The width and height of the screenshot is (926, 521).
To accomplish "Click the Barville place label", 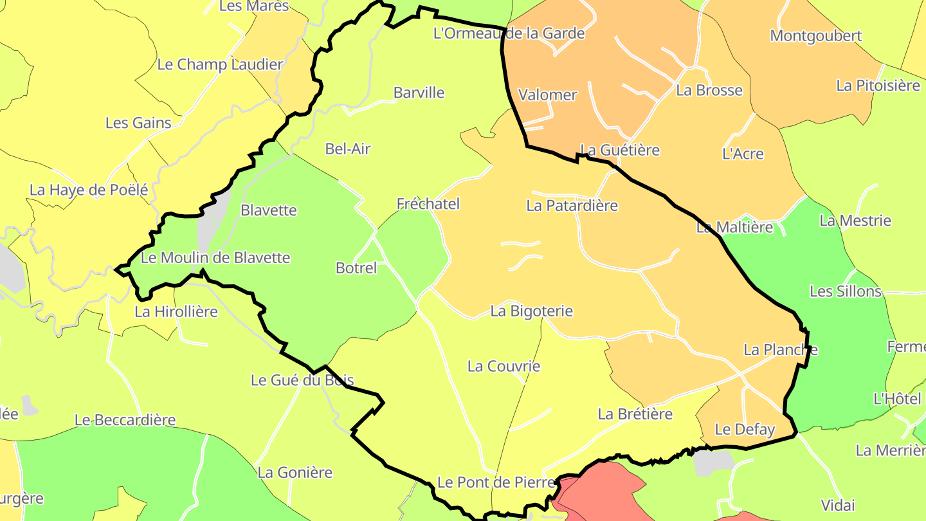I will coord(419,93).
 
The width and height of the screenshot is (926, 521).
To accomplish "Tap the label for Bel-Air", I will coord(348,149).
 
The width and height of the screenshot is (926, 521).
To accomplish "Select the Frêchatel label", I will coord(428,204).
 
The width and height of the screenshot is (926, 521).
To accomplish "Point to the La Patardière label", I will coord(572,205).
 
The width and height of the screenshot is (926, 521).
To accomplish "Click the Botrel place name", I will coord(356,268).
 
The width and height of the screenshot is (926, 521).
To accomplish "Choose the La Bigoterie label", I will coord(531,311).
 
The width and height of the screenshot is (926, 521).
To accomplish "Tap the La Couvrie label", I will coord(504,367).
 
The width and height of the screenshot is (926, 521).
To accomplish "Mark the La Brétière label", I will coord(635,414).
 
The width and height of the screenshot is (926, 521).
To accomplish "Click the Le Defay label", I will coord(745,429).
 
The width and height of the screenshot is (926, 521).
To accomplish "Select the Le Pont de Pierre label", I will coord(495,482).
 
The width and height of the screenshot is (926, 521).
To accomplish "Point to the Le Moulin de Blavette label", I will coord(215,258).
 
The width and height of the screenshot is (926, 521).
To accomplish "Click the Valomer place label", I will coord(547,95).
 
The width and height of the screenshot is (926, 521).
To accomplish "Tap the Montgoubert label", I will coord(815,35).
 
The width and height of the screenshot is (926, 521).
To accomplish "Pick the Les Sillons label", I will coord(845,291).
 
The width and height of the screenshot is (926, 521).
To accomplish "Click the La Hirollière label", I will coord(176,312).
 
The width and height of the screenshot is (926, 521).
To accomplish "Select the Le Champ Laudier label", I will coord(220,64).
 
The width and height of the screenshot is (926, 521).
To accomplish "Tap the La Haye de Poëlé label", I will coord(89,190).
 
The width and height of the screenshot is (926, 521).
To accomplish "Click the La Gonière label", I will coord(295,473).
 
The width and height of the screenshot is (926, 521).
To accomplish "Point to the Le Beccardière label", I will coord(125,420).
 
